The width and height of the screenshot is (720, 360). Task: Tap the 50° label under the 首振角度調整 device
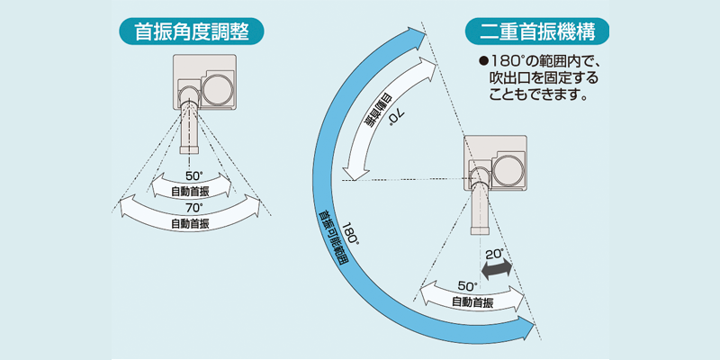point(194,175)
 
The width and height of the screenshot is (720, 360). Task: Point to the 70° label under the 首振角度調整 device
point(194,207)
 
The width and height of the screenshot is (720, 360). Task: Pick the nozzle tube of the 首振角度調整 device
point(191,126)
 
